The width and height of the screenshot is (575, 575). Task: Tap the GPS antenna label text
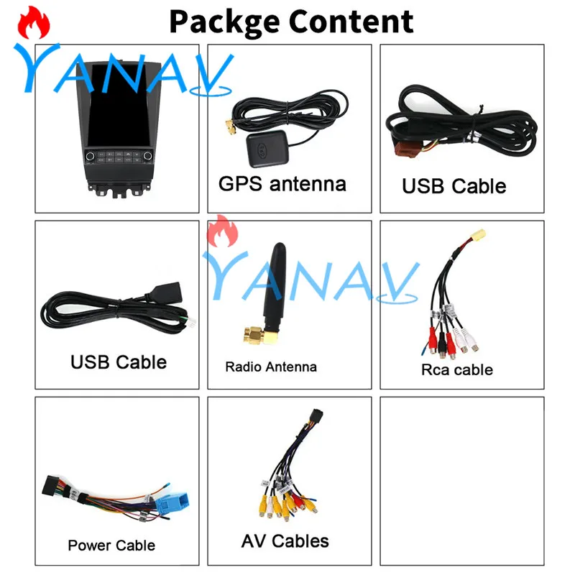pyautogui.click(x=282, y=184)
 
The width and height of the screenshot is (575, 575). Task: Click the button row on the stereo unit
pyautogui.click(x=116, y=155)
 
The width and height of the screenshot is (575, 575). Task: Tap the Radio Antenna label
pyautogui.click(x=270, y=367)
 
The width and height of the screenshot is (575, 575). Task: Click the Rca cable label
pyautogui.click(x=456, y=370)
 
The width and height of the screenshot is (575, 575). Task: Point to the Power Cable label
pyautogui.click(x=111, y=546)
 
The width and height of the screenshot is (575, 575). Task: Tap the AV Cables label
pyautogui.click(x=285, y=541)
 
